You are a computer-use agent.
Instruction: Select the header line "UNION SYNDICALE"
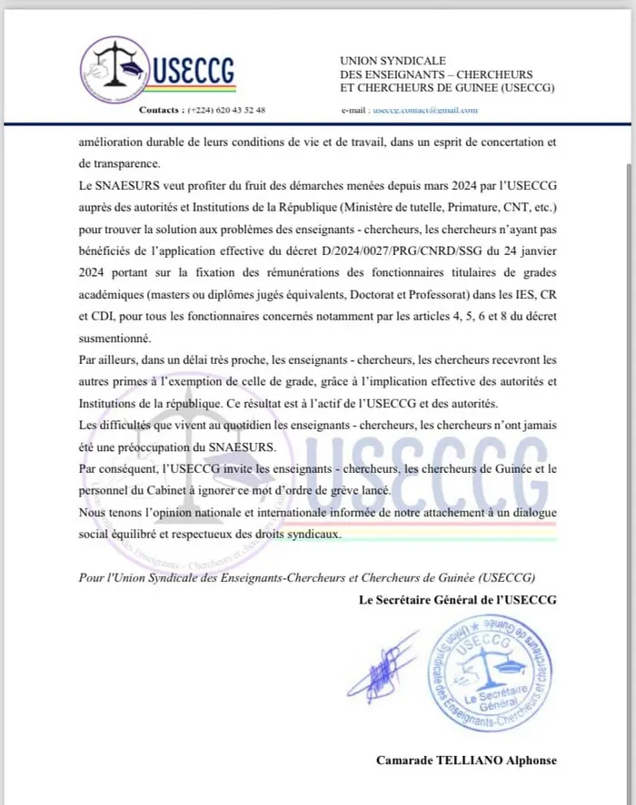coord(384,59)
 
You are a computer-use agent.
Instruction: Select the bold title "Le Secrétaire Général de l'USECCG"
coord(457,601)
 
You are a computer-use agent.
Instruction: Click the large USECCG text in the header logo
coord(196,69)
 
